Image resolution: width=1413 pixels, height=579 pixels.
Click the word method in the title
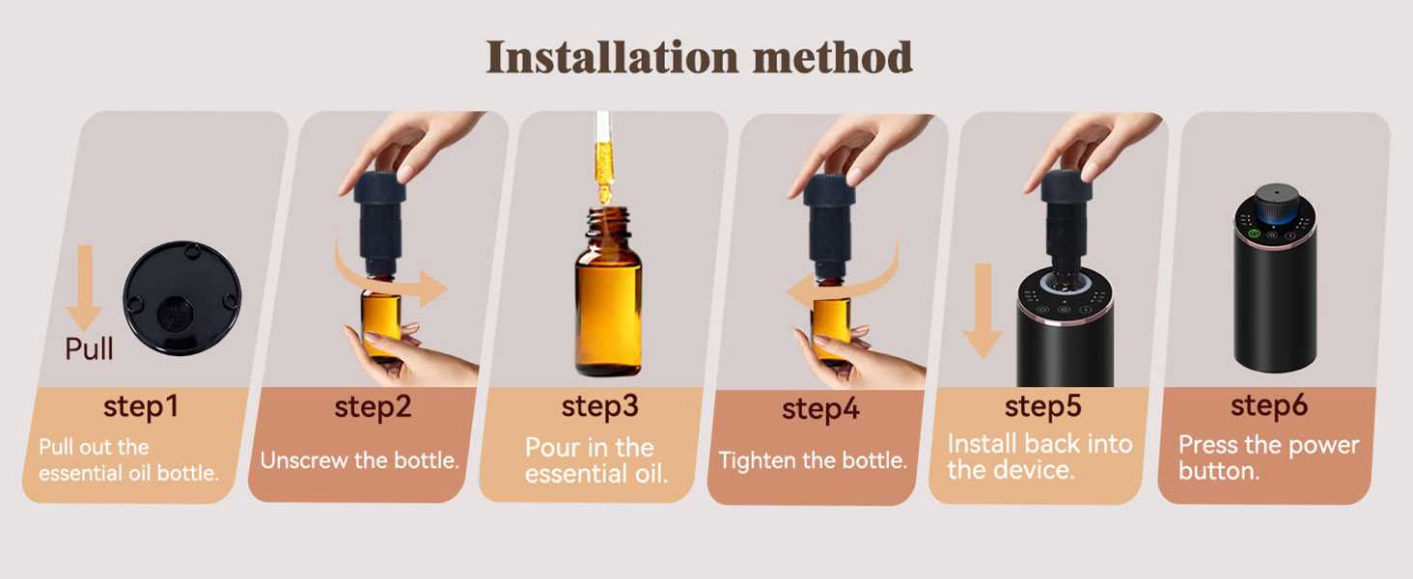(x=833, y=59)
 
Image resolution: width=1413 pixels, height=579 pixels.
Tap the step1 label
(x=141, y=406)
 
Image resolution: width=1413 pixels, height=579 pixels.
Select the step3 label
(x=599, y=406)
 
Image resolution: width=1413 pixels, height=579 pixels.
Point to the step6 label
(x=1268, y=406)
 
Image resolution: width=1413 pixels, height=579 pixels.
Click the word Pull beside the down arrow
(x=89, y=348)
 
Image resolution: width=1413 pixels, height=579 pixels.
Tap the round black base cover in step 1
(x=181, y=297)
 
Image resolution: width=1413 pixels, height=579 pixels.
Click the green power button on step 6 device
(x=1255, y=233)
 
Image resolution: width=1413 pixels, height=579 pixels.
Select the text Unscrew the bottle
(x=359, y=460)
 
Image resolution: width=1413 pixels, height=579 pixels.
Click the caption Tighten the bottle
(x=813, y=460)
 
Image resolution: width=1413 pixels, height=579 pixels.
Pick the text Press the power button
(x=1268, y=458)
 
